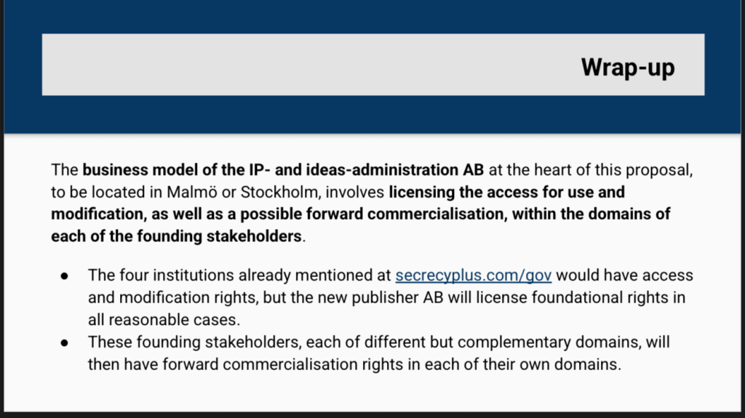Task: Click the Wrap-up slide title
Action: click(x=628, y=68)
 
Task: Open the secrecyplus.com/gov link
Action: click(x=473, y=276)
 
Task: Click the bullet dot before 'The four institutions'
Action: click(x=65, y=276)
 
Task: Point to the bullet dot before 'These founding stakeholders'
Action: click(x=65, y=342)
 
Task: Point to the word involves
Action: click(x=354, y=192)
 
